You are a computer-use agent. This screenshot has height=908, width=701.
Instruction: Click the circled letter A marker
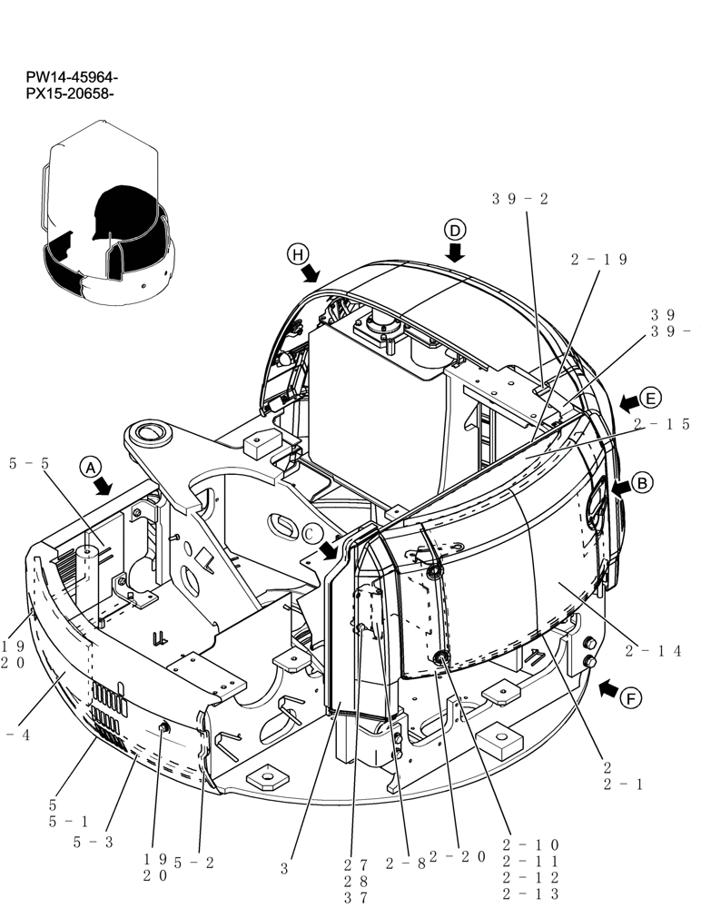pyautogui.click(x=90, y=467)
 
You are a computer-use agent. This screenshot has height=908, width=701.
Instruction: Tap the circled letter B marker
pyautogui.click(x=642, y=484)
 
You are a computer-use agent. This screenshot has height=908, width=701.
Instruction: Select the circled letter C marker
pyautogui.click(x=312, y=534)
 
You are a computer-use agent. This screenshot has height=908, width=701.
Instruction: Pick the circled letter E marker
pyautogui.click(x=650, y=398)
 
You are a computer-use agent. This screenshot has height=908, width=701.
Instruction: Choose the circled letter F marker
pyautogui.click(x=631, y=698)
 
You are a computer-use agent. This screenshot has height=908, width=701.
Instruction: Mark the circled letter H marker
pyautogui.click(x=297, y=255)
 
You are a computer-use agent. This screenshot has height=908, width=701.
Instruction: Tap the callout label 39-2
pyautogui.click(x=520, y=199)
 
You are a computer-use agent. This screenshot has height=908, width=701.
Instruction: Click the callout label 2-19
pyautogui.click(x=599, y=260)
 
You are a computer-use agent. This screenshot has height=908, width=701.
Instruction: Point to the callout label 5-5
pyautogui.click(x=29, y=463)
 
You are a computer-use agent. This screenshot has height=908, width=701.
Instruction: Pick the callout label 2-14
pyautogui.click(x=654, y=650)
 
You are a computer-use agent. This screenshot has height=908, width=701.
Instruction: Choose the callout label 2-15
pyautogui.click(x=661, y=424)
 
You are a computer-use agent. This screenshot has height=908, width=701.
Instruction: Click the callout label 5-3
pyautogui.click(x=93, y=842)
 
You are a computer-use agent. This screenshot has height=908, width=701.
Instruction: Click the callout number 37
pyautogui.click(x=356, y=897)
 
